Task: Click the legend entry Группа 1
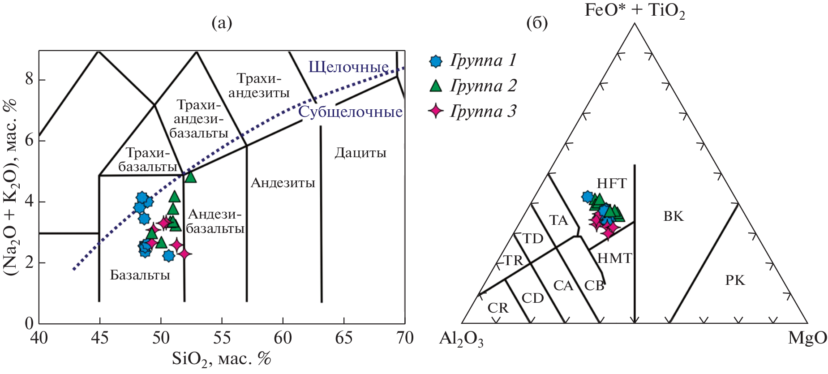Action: (x=473, y=60)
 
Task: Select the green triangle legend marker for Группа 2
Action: (x=436, y=85)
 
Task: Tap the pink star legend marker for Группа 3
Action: (x=436, y=111)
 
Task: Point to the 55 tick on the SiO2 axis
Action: (x=222, y=338)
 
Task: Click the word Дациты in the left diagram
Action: (x=360, y=153)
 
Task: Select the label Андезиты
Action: (x=283, y=183)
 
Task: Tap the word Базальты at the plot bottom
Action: (x=140, y=275)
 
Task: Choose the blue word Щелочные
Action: (x=348, y=67)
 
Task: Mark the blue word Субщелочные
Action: (x=351, y=112)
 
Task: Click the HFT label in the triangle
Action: (x=612, y=183)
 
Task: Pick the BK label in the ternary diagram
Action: (x=674, y=216)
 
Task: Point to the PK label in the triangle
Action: (x=735, y=280)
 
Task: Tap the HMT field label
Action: (x=615, y=258)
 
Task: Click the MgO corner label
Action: (x=807, y=338)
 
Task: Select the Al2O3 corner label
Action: (x=461, y=339)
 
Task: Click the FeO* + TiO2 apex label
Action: (x=635, y=11)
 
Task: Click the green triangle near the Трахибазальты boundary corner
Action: (x=190, y=176)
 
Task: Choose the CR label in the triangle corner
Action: (x=498, y=308)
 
